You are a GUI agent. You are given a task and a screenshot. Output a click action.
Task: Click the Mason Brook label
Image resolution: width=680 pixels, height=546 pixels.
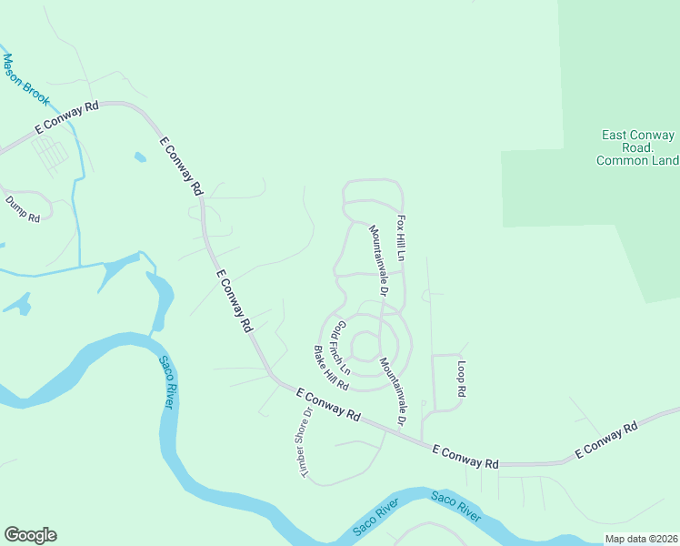point(25,80)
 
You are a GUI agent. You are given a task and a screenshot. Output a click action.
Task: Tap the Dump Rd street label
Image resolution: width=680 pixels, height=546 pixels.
point(23,210)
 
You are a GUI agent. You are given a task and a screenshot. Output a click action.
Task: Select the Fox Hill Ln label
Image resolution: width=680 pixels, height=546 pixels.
point(401,238)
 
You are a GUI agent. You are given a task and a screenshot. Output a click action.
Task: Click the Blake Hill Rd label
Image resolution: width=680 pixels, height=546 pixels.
point(332,368)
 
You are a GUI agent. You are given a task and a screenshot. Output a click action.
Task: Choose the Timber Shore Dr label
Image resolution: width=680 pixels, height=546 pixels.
point(302,441)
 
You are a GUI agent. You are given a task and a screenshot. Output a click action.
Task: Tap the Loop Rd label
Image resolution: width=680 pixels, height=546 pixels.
point(461,379)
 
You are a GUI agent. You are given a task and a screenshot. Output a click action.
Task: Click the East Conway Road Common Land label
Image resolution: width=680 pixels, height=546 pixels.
point(638,147)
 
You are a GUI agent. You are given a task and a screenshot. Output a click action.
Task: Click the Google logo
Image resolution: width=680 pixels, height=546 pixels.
point(30,535)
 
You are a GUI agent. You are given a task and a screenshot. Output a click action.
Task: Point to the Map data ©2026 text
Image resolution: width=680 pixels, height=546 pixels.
point(641,539)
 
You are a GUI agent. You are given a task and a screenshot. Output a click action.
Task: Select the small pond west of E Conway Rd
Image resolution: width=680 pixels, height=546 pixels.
point(139,157)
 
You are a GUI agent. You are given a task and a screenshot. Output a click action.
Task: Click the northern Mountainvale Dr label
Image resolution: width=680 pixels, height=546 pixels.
point(378,262)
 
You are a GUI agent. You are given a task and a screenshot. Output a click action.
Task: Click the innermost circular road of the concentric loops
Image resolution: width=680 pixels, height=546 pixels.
point(365,346)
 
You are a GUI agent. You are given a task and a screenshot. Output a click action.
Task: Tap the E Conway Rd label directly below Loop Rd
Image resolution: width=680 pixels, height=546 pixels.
point(465,457)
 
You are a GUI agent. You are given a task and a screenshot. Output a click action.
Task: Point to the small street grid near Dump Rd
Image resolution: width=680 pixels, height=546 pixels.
point(51,155)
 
